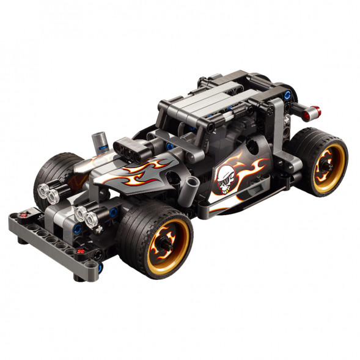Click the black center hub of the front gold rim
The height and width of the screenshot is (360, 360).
(x=166, y=242)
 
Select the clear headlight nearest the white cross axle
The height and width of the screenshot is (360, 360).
(x=92, y=218)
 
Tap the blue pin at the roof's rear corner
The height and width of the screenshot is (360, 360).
(x=287, y=95)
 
